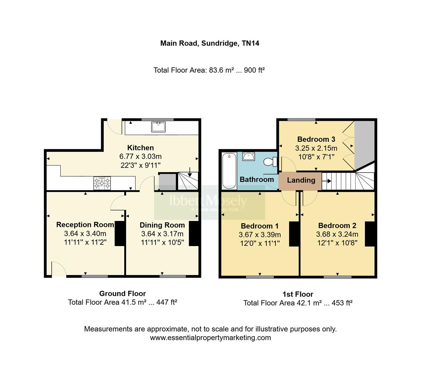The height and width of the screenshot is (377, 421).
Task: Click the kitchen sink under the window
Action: [x=158, y=127]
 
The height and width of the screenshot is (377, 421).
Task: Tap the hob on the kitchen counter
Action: [x=102, y=183]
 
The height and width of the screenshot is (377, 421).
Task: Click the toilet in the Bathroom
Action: [x=270, y=162]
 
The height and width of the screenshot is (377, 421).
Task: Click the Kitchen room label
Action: [x=140, y=148]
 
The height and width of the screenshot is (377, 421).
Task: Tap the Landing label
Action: [x=301, y=180]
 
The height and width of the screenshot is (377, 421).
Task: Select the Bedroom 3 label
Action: [x=316, y=139]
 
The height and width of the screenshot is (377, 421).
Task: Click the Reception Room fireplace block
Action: [x=120, y=233]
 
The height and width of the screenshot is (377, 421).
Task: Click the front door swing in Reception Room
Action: [x=59, y=269]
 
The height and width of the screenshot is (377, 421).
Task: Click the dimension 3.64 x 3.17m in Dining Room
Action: [x=162, y=234]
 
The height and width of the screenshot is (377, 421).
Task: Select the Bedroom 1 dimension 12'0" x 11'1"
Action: [x=259, y=243]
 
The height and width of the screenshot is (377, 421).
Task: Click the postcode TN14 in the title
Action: [x=250, y=43]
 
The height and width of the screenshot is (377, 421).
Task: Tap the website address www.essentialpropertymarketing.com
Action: [x=210, y=338]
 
